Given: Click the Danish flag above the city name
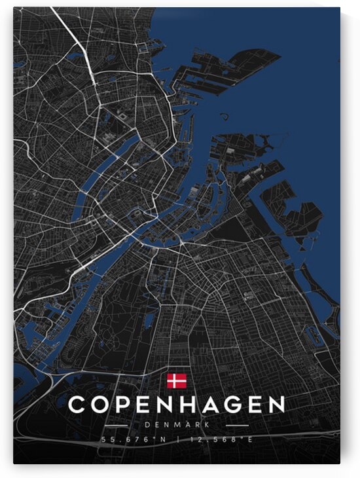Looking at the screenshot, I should [177, 381].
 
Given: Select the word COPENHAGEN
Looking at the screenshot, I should [177, 405].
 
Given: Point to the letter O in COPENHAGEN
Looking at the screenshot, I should [103, 405].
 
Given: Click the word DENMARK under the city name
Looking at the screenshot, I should [177, 425].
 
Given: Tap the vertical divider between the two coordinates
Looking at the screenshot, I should [177, 439].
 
